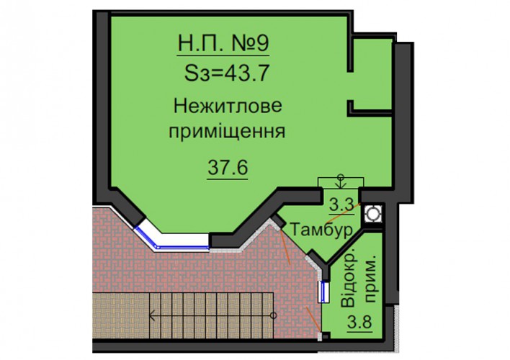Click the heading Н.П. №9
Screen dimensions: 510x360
coord(223,43)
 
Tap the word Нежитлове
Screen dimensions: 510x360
coord(228,106)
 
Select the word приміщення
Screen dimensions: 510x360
coord(227,132)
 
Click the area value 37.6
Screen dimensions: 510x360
coord(228,168)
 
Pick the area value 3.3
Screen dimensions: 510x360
coord(341,204)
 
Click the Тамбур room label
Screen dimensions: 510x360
coord(321,229)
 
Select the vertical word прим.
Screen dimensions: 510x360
coord(370,280)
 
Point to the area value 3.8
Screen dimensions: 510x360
coord(359,323)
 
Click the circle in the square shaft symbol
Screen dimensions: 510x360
coord(372,214)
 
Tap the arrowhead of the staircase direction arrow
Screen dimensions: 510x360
coord(152,315)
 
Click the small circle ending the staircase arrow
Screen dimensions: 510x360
coord(274,315)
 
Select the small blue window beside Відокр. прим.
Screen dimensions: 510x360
coord(324,292)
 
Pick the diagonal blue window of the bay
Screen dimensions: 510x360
coord(146,238)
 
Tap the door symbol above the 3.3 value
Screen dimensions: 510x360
coord(341,183)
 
